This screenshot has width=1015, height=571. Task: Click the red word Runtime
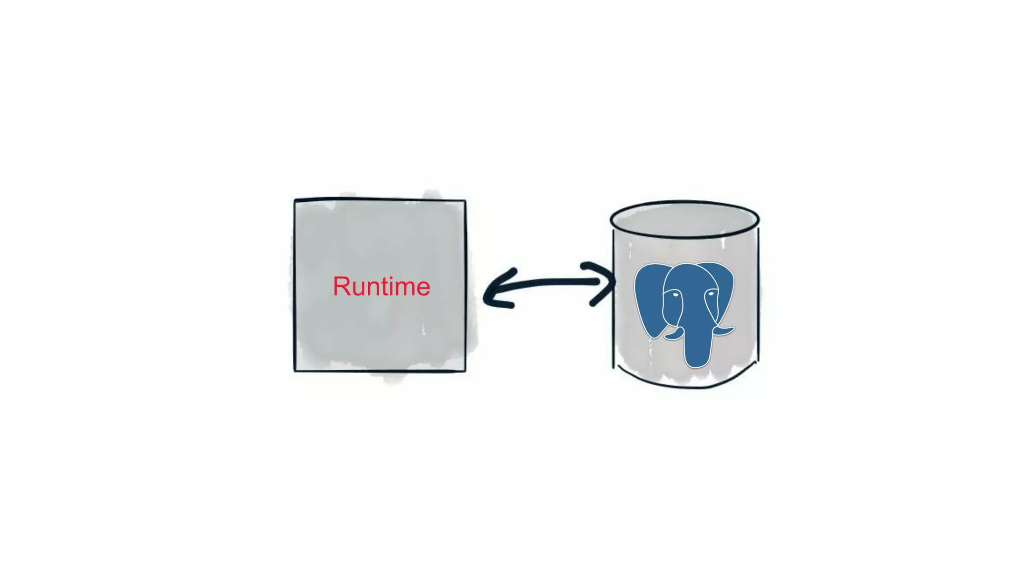tap(381, 286)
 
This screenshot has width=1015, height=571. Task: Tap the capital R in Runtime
tap(342, 286)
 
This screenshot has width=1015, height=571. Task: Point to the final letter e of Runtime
tap(422, 289)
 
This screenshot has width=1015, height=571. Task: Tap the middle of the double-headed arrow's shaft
tap(550, 283)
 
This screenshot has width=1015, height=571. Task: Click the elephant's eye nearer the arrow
tap(675, 295)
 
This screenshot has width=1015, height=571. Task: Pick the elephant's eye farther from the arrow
tap(711, 294)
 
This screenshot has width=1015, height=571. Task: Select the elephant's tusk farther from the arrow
tap(724, 331)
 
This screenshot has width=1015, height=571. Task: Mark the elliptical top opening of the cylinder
tap(684, 219)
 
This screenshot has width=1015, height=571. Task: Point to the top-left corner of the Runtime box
tap(295, 201)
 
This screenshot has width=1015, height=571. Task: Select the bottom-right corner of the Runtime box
tap(465, 370)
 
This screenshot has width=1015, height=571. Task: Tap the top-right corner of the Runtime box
tap(465, 201)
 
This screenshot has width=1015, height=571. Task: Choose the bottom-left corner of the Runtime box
tap(295, 370)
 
